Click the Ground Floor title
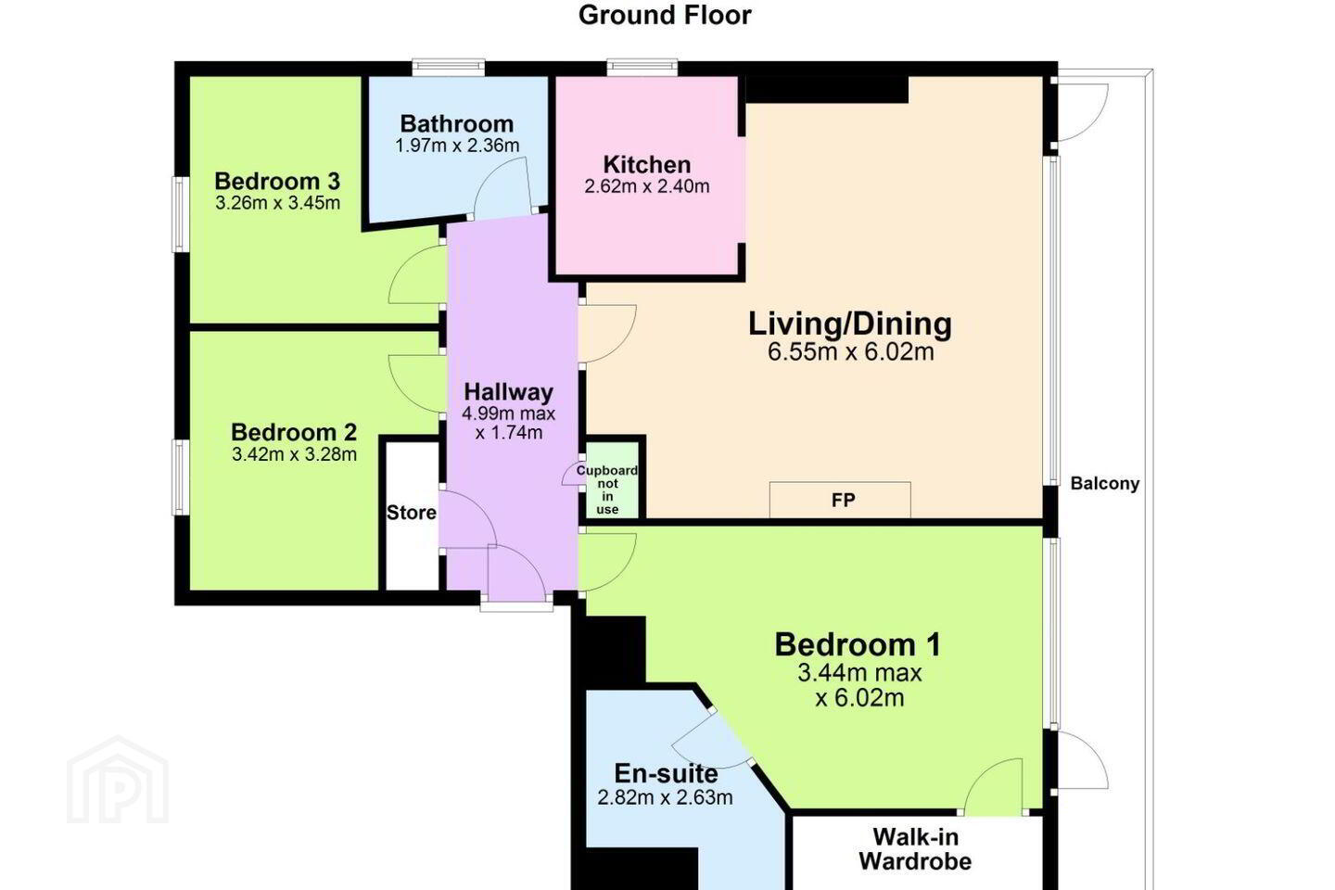point(665,15)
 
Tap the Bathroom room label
point(456,124)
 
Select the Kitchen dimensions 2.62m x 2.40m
point(647,186)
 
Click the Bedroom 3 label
point(277,181)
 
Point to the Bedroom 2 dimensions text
point(295,454)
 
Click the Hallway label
point(508,391)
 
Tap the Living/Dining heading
point(850,324)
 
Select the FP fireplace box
point(840,500)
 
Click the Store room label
point(412,513)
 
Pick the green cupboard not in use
point(613,480)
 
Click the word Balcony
point(1105,483)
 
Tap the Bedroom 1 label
point(858,645)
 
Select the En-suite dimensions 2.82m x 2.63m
point(665,797)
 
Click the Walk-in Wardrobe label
point(915,849)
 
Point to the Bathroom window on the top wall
point(448,67)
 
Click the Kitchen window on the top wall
point(642,67)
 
